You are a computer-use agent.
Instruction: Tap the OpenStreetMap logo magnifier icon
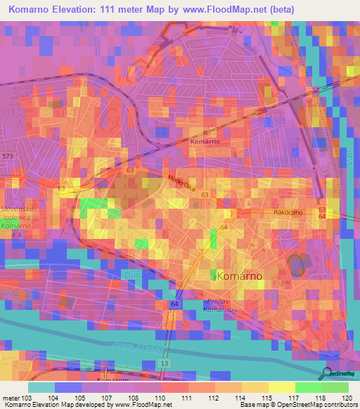pyautogui.click(x=325, y=372)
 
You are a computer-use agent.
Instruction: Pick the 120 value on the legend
pyautogui.click(x=346, y=397)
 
